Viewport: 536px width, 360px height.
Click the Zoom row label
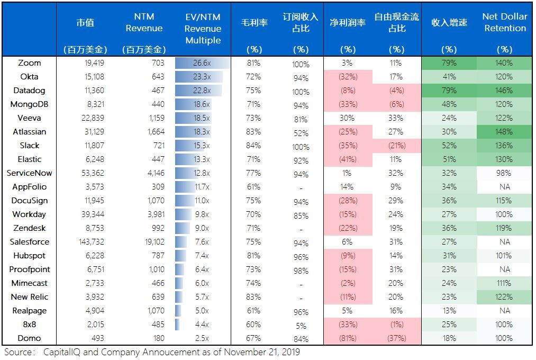coord(29,63)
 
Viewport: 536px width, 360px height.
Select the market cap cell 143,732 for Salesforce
coord(89,242)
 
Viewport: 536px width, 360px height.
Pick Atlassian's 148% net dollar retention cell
coord(504,132)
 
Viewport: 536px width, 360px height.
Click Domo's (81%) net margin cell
coord(348,338)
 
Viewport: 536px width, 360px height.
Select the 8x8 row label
coord(29,325)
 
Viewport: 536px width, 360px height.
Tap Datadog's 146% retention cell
coord(504,91)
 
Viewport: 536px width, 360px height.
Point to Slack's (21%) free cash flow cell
coord(396,146)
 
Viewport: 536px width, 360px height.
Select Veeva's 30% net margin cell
coord(348,118)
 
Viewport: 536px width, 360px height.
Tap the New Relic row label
coord(29,297)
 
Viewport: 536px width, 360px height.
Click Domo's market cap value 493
coord(97,338)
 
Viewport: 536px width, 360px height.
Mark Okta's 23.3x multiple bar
coord(200,77)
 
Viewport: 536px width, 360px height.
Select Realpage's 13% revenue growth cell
coord(449,311)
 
